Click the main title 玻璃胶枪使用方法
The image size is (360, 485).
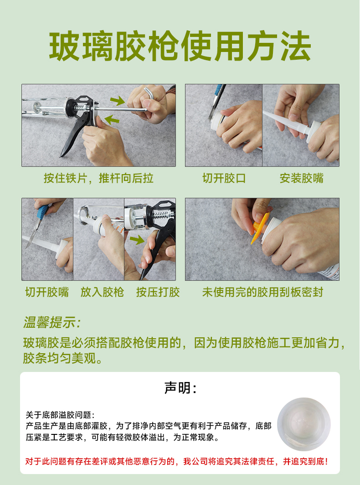[x=180, y=46]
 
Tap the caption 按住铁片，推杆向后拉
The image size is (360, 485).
[x=99, y=178]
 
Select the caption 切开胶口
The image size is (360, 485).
[x=224, y=178]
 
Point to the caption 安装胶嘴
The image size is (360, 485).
[x=301, y=178]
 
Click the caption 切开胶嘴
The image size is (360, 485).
[x=47, y=292]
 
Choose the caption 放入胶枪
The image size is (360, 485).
[x=103, y=292]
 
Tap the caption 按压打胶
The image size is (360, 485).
[x=158, y=292]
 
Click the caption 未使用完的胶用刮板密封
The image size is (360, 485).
[x=262, y=292]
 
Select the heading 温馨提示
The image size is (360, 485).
[x=52, y=323]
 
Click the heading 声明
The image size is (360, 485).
[x=180, y=388]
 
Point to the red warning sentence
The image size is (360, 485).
[x=176, y=461]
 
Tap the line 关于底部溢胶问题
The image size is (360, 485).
[x=60, y=415]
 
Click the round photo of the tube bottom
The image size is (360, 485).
[x=303, y=424]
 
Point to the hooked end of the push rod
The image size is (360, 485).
[x=149, y=93]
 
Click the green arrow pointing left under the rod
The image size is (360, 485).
[x=111, y=119]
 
